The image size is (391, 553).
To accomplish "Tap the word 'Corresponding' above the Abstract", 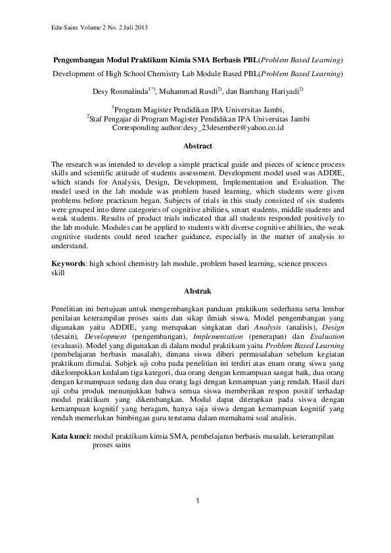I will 137,129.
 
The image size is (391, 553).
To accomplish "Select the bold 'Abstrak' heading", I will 196,290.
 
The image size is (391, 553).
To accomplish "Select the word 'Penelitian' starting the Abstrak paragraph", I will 69,308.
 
